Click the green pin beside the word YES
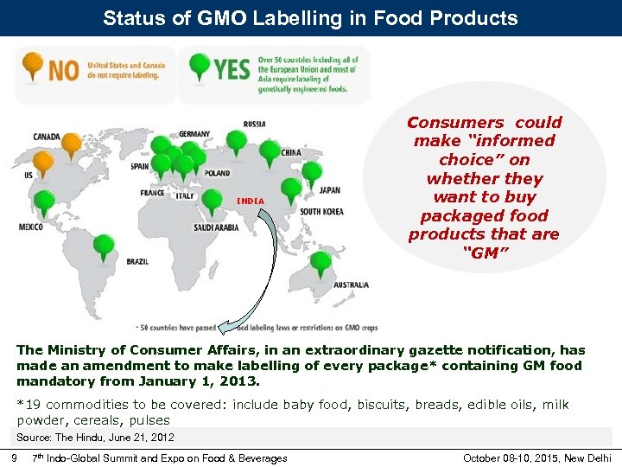tap(200, 65)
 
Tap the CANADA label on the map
tap(47, 137)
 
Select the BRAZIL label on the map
tap(137, 261)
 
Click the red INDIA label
tap(250, 202)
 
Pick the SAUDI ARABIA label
tap(216, 227)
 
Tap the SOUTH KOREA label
tap(321, 212)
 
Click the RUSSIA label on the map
tap(255, 125)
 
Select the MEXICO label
tap(30, 227)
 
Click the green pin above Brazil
tap(104, 246)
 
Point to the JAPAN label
tap(329, 190)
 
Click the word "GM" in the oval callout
tap(484, 253)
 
